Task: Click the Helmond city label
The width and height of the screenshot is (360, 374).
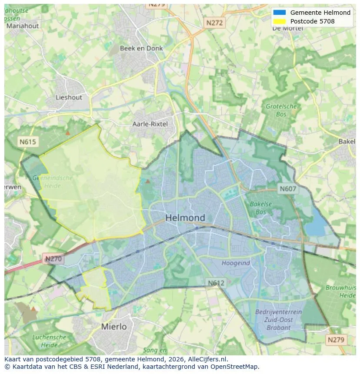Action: pyautogui.click(x=185, y=218)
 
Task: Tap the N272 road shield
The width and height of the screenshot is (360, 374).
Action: pyautogui.click(x=214, y=23)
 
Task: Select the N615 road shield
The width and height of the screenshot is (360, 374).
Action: pyautogui.click(x=28, y=142)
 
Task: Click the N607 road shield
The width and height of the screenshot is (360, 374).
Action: pyautogui.click(x=288, y=189)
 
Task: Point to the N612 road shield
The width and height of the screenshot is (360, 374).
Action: pyautogui.click(x=216, y=283)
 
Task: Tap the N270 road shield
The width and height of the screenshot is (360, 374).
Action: pyautogui.click(x=53, y=259)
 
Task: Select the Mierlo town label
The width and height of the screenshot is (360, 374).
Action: pyautogui.click(x=114, y=326)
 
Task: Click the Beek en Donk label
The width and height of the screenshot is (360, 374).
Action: pyautogui.click(x=141, y=48)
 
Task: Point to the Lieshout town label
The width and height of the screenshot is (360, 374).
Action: pyautogui.click(x=69, y=97)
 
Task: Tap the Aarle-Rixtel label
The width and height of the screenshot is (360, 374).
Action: pyautogui.click(x=150, y=124)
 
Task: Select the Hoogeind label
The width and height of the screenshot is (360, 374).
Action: pyautogui.click(x=236, y=263)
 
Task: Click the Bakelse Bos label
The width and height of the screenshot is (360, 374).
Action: pyautogui.click(x=258, y=208)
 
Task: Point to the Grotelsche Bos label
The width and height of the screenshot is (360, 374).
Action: pyautogui.click(x=281, y=110)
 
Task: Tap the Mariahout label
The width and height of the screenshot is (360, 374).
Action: pyautogui.click(x=23, y=26)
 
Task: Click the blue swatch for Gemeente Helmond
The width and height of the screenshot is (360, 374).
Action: pyautogui.click(x=280, y=13)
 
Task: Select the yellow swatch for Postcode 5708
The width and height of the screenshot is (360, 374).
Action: pyautogui.click(x=280, y=21)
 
